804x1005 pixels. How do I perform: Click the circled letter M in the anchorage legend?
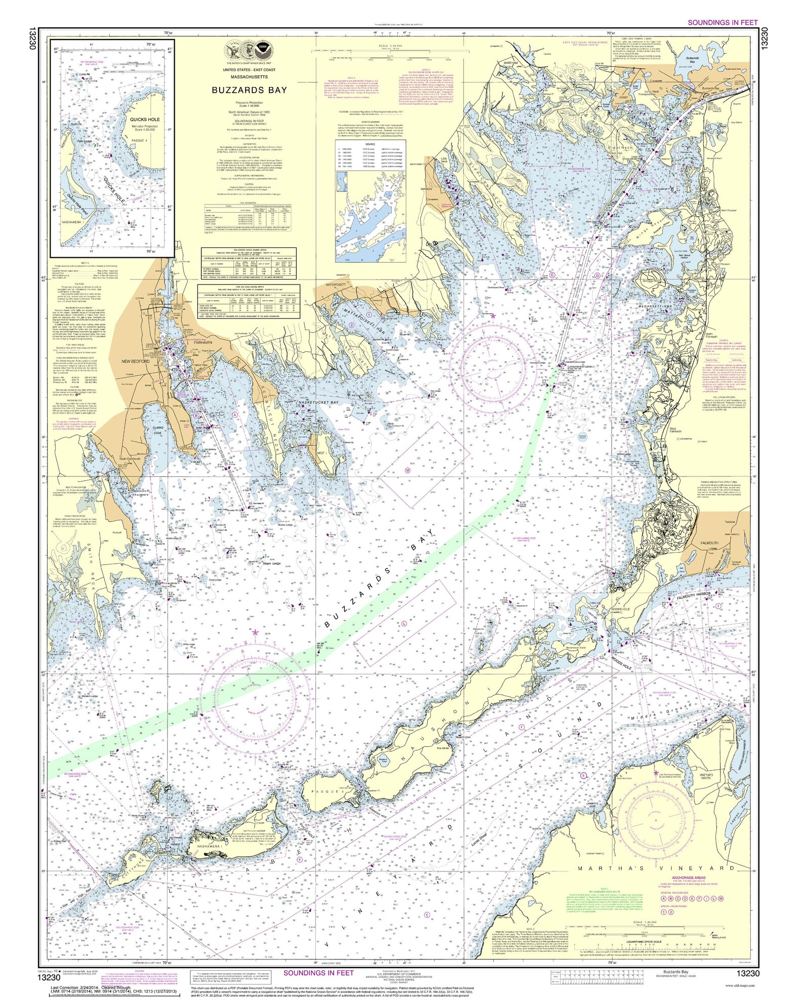click(x=721, y=899)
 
